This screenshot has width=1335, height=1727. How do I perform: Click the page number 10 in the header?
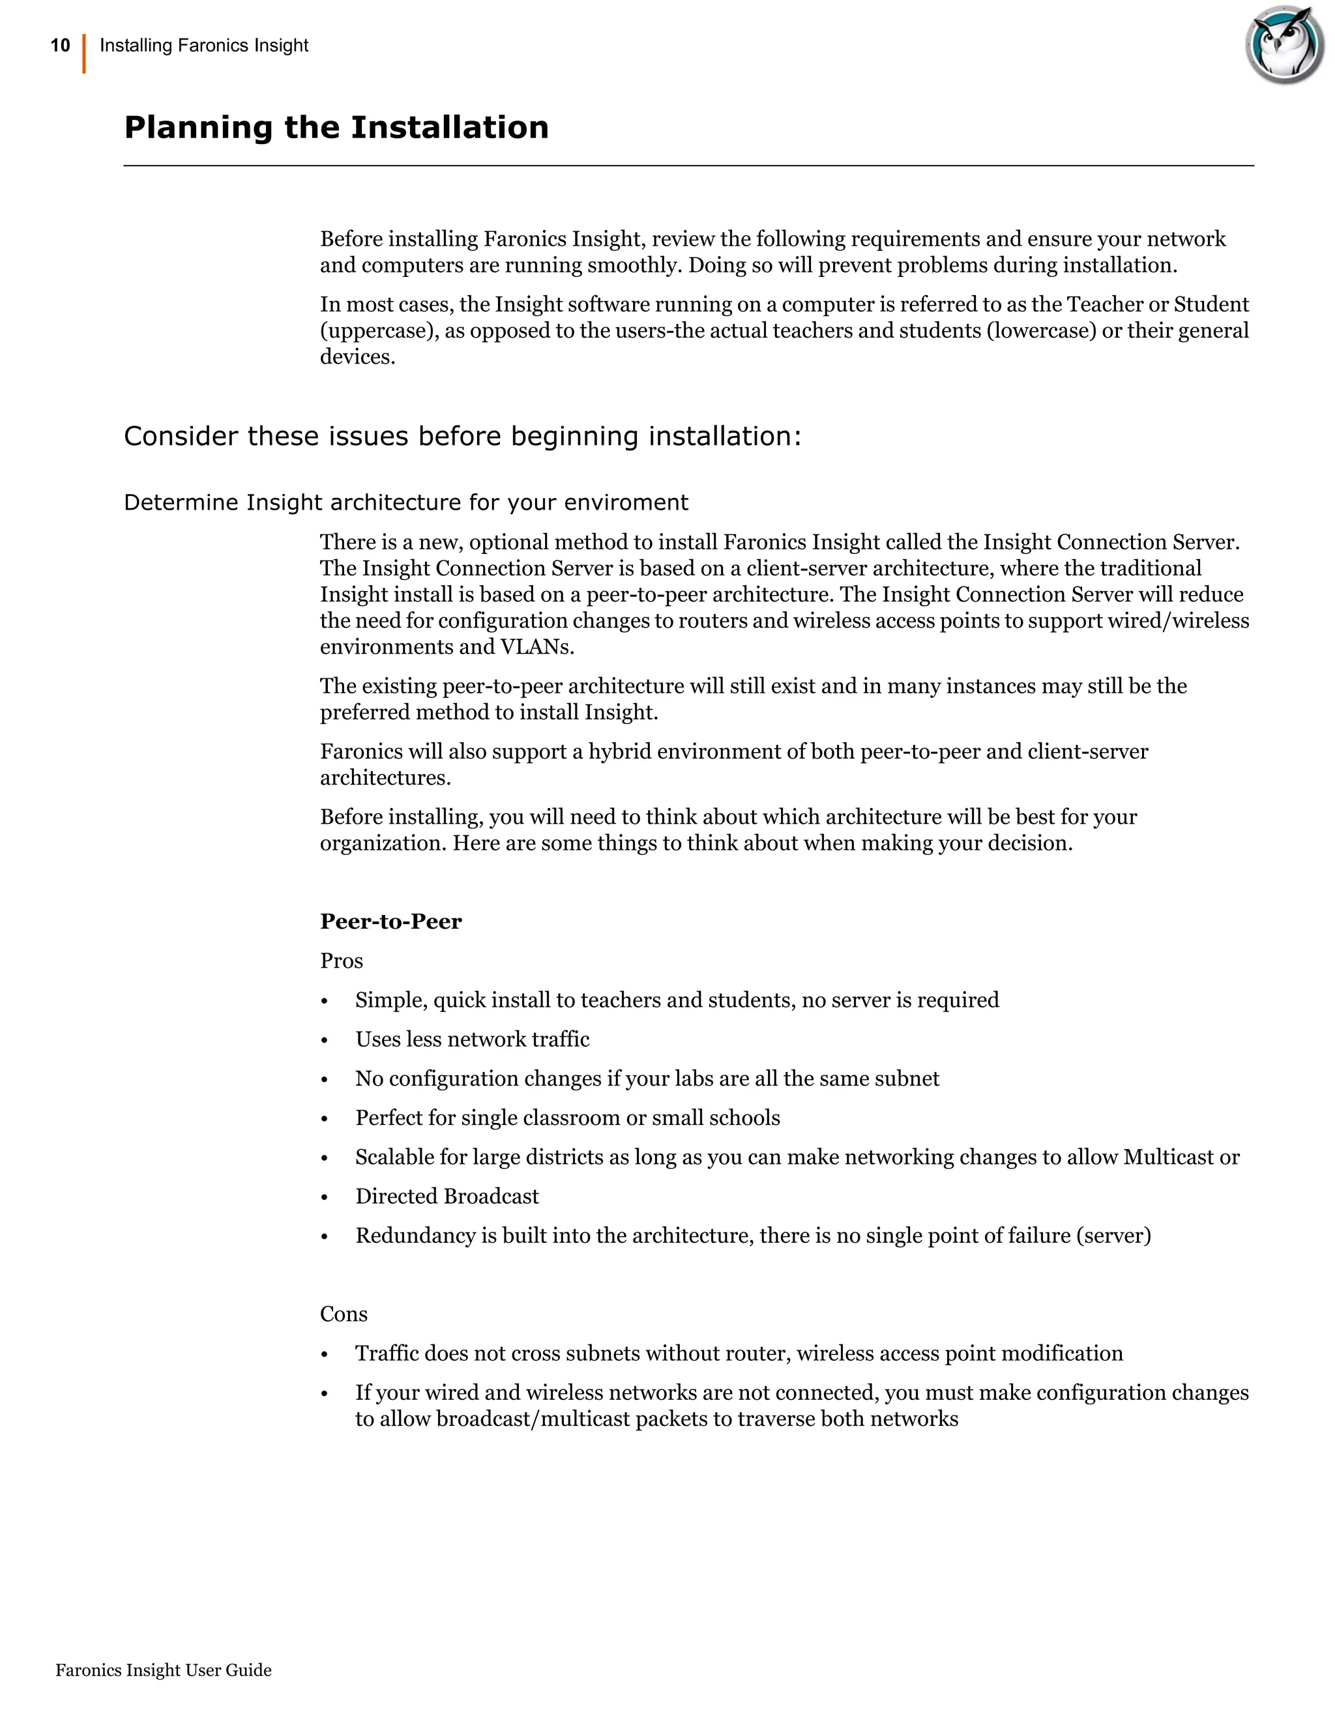coord(60,46)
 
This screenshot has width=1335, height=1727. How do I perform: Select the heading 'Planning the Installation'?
coord(336,127)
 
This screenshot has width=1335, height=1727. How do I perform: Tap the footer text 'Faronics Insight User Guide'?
coord(164,1670)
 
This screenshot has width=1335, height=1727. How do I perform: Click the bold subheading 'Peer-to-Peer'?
coord(390,922)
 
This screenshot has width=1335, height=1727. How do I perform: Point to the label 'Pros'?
coord(341,961)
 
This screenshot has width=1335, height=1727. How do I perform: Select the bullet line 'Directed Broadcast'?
coord(447,1196)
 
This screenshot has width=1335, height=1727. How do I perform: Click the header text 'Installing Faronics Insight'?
coord(204,46)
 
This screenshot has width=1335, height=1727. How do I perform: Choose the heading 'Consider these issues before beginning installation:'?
coord(463,436)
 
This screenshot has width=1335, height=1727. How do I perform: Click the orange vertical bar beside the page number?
coord(84,54)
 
